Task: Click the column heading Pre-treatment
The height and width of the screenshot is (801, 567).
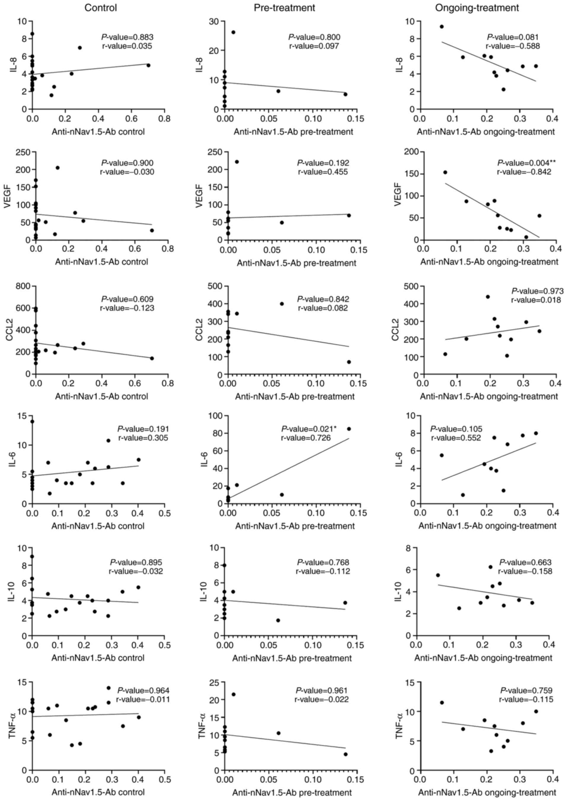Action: (x=284, y=8)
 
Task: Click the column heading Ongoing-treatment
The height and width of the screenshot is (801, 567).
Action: (x=477, y=8)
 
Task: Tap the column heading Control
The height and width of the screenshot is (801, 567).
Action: (x=100, y=8)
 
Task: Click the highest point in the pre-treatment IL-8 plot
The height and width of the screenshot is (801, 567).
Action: (x=233, y=32)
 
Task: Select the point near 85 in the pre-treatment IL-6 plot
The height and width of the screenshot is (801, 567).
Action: (x=349, y=429)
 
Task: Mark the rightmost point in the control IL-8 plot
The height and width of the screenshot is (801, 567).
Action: (x=148, y=65)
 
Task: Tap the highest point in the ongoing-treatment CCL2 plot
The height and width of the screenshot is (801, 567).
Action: (x=488, y=297)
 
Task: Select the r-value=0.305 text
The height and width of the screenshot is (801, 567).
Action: (x=143, y=438)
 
